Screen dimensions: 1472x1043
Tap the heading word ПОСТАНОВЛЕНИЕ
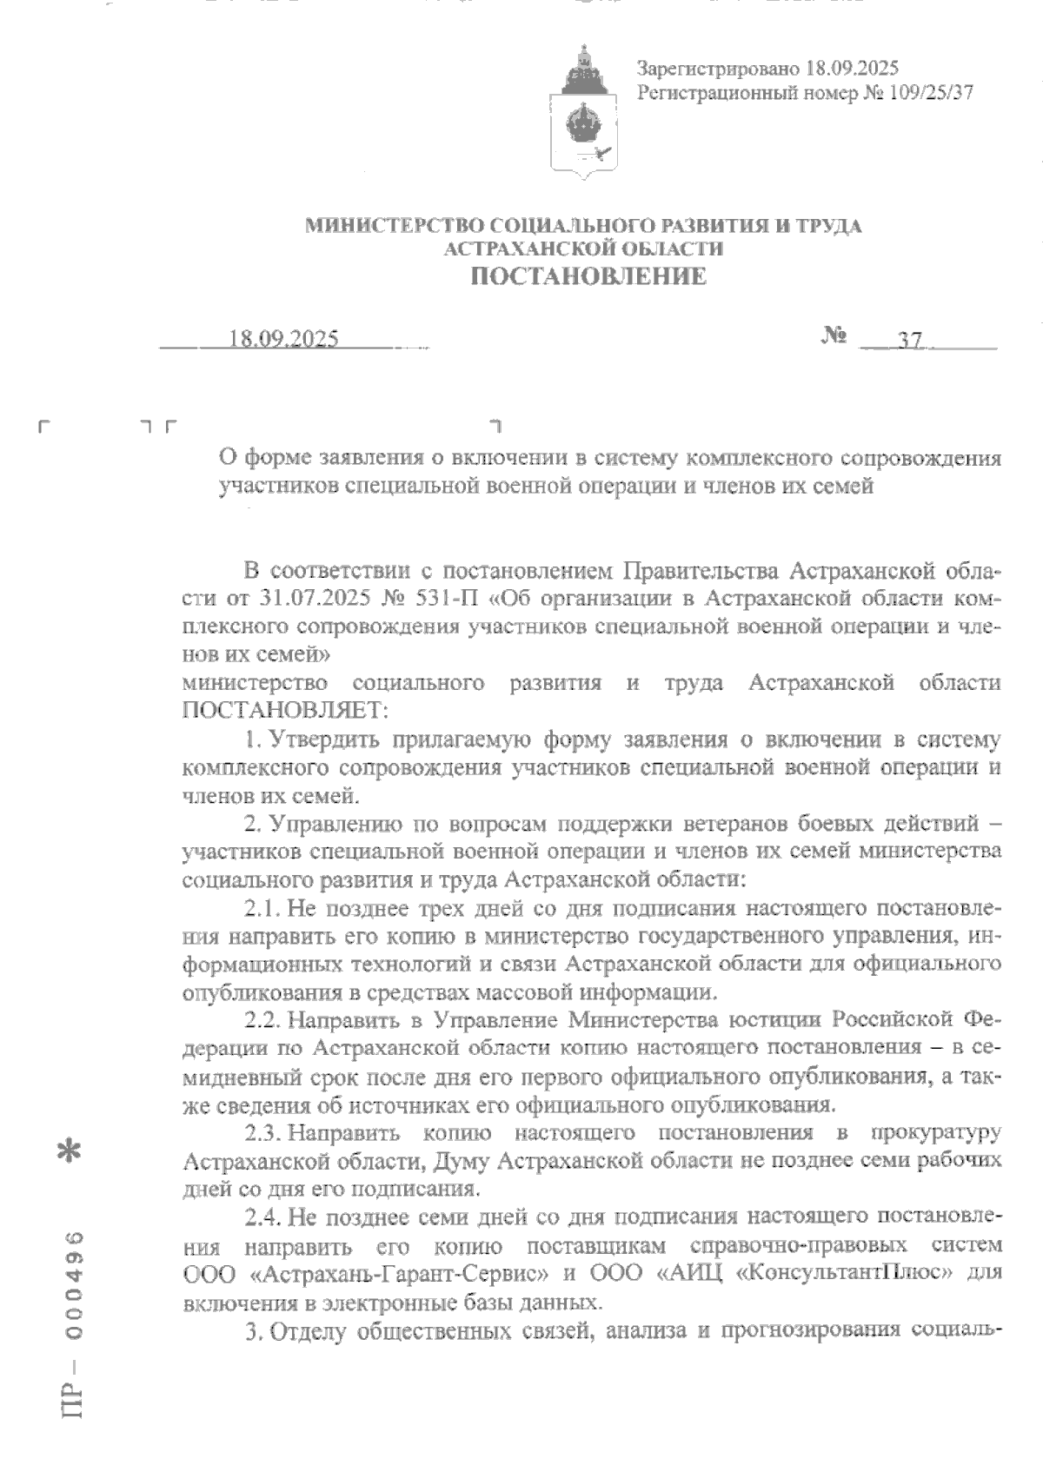[x=588, y=277]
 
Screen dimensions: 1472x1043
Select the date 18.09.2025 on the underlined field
[x=283, y=340]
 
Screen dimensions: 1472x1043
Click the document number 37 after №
[x=909, y=341]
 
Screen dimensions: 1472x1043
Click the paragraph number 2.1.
[x=260, y=909]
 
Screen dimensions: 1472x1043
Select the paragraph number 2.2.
[x=260, y=1019]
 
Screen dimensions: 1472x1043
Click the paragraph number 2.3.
[x=260, y=1133]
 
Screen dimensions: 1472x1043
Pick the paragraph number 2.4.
[x=260, y=1218]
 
